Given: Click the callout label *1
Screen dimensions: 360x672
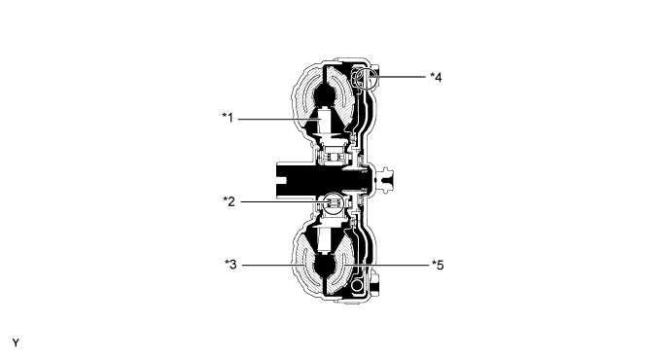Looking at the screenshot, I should pyautogui.click(x=228, y=118).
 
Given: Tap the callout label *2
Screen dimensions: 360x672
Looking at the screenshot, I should pyautogui.click(x=228, y=201).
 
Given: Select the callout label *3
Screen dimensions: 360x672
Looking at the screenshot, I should pyautogui.click(x=228, y=264).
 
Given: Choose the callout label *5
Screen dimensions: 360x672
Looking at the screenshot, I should pyautogui.click(x=437, y=264).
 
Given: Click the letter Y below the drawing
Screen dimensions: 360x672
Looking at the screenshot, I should pyautogui.click(x=16, y=342).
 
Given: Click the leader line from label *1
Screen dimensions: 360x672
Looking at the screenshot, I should pyautogui.click(x=277, y=118).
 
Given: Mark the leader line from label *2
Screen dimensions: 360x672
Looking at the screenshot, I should pyautogui.click(x=277, y=201).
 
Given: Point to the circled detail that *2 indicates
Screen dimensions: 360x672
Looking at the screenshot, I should pyautogui.click(x=331, y=201).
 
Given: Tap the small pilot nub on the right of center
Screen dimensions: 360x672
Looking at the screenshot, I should pyautogui.click(x=389, y=178).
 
